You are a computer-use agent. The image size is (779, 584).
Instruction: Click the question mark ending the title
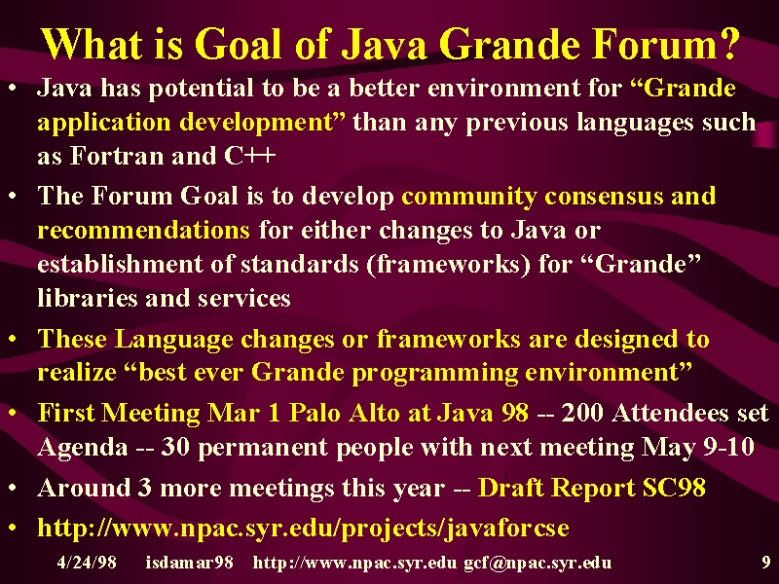click(x=727, y=44)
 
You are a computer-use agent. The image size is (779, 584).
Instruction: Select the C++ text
click(x=250, y=156)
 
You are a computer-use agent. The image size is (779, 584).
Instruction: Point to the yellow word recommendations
click(x=143, y=230)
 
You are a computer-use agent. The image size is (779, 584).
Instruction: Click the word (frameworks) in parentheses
click(x=449, y=264)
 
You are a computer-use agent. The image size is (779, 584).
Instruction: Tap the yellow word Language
click(x=173, y=340)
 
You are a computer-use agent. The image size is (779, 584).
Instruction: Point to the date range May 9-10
click(x=698, y=447)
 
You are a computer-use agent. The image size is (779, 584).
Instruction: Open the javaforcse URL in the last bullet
click(x=303, y=528)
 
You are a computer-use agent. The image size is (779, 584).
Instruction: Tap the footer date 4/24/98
click(x=87, y=563)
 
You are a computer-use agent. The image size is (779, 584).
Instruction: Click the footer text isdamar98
click(x=189, y=563)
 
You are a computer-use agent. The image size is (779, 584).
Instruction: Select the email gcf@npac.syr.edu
click(x=538, y=563)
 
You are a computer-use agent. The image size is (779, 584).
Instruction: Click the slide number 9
click(x=765, y=563)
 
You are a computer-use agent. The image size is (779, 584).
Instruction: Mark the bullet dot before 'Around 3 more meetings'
click(x=13, y=489)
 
